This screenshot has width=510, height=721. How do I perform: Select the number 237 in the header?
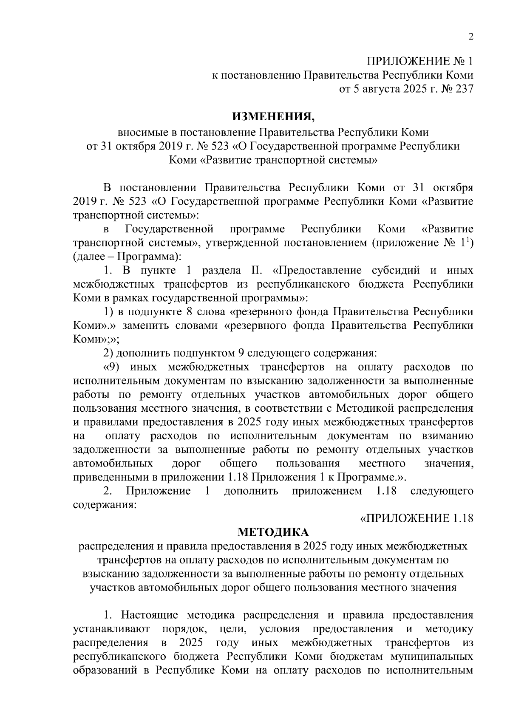[x=463, y=89]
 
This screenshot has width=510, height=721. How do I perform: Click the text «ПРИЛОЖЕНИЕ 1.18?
[x=416, y=518]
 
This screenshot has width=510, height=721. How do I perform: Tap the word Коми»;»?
[x=96, y=339]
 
